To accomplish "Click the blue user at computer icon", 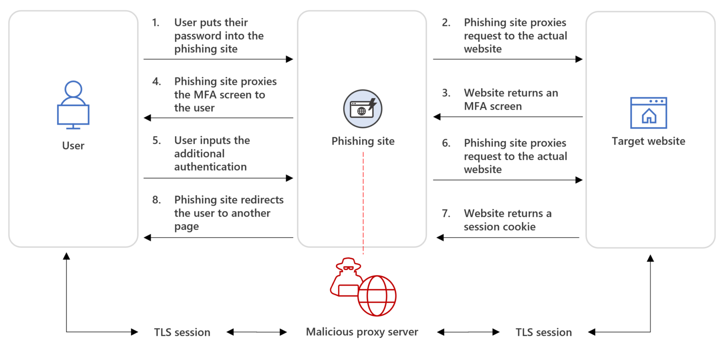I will [x=73, y=105].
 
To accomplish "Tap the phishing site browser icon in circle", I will [x=362, y=109].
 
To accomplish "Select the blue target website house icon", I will [x=649, y=113].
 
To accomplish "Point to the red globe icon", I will [x=377, y=296].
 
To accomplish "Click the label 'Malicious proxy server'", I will [x=362, y=332].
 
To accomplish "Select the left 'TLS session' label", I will [x=182, y=332].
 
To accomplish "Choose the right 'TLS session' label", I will [x=543, y=332].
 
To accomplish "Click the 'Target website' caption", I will [x=649, y=141].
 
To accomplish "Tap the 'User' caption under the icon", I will [x=73, y=146].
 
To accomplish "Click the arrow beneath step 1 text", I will [x=218, y=59].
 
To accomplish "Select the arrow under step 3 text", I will [x=508, y=117].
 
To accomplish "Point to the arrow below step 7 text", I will [x=508, y=238].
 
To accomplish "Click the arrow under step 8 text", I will [x=218, y=238].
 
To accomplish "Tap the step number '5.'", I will [x=157, y=140].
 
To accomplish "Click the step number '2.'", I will [x=446, y=23].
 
